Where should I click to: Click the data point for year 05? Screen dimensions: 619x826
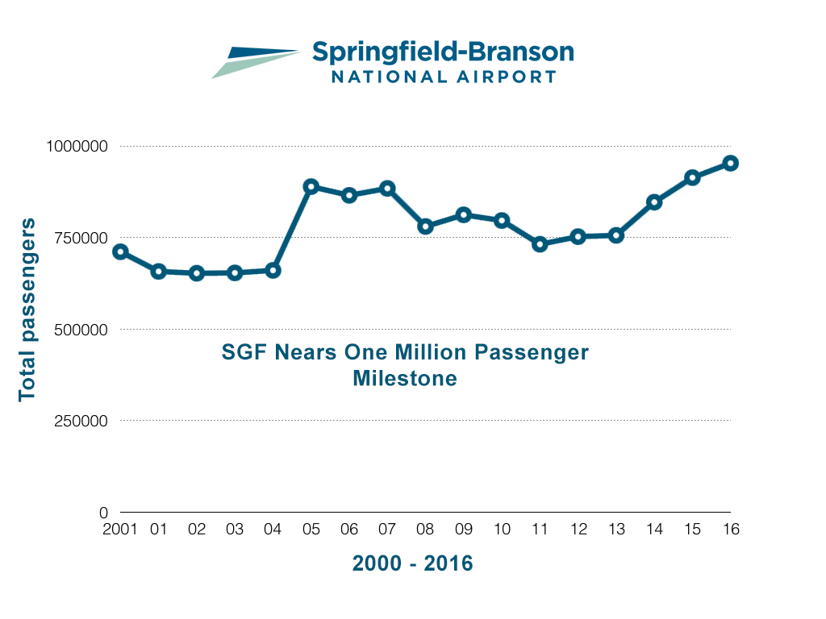[311, 187]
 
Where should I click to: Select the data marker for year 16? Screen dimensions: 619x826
[730, 163]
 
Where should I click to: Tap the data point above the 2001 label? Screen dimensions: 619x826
[120, 251]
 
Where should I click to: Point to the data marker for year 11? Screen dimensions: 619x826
[540, 243]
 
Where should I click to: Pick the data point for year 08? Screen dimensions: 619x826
[425, 226]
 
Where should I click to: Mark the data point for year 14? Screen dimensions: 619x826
[654, 202]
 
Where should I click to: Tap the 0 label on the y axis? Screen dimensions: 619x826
[103, 513]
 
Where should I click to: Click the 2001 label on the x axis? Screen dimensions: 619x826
[121, 530]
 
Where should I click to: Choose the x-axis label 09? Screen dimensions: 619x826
[463, 530]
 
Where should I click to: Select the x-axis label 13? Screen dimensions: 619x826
[615, 530]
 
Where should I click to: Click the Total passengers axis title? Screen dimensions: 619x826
[27, 309]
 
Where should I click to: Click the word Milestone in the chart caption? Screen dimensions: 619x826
[405, 377]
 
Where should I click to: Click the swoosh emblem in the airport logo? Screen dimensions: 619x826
[254, 61]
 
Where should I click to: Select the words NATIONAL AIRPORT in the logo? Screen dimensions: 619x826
[444, 77]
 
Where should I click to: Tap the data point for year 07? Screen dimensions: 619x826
[387, 189]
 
